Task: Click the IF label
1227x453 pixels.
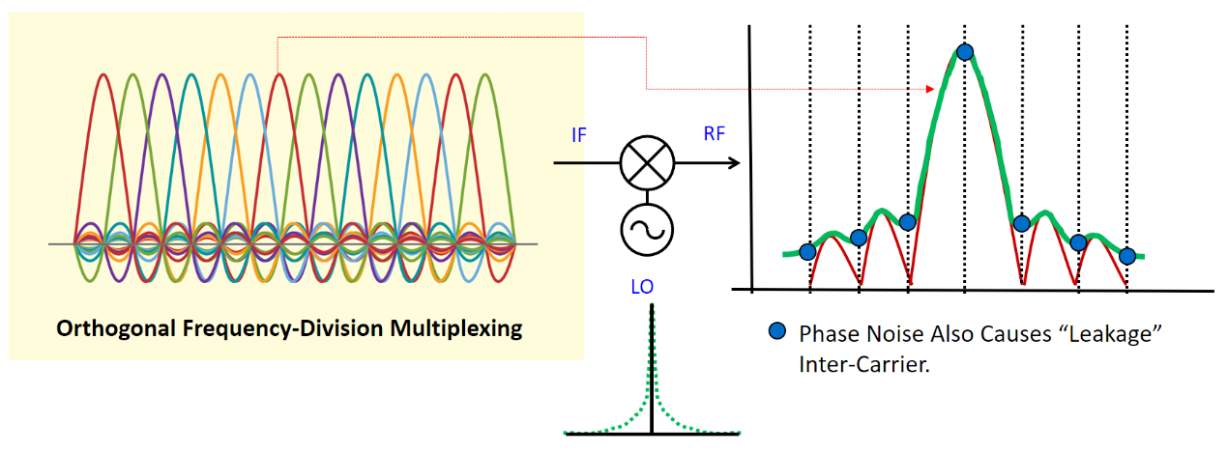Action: point(579,135)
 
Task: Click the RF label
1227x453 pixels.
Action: point(715,135)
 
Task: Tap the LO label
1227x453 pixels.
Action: point(642,287)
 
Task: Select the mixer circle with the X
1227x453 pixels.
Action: point(646,163)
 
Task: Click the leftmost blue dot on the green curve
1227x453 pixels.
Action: point(807,252)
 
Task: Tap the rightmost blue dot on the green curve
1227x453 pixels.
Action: point(1126,256)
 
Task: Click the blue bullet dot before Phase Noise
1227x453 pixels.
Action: point(775,333)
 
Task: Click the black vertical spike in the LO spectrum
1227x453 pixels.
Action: point(653,367)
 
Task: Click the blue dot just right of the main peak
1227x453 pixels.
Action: point(1021,224)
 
